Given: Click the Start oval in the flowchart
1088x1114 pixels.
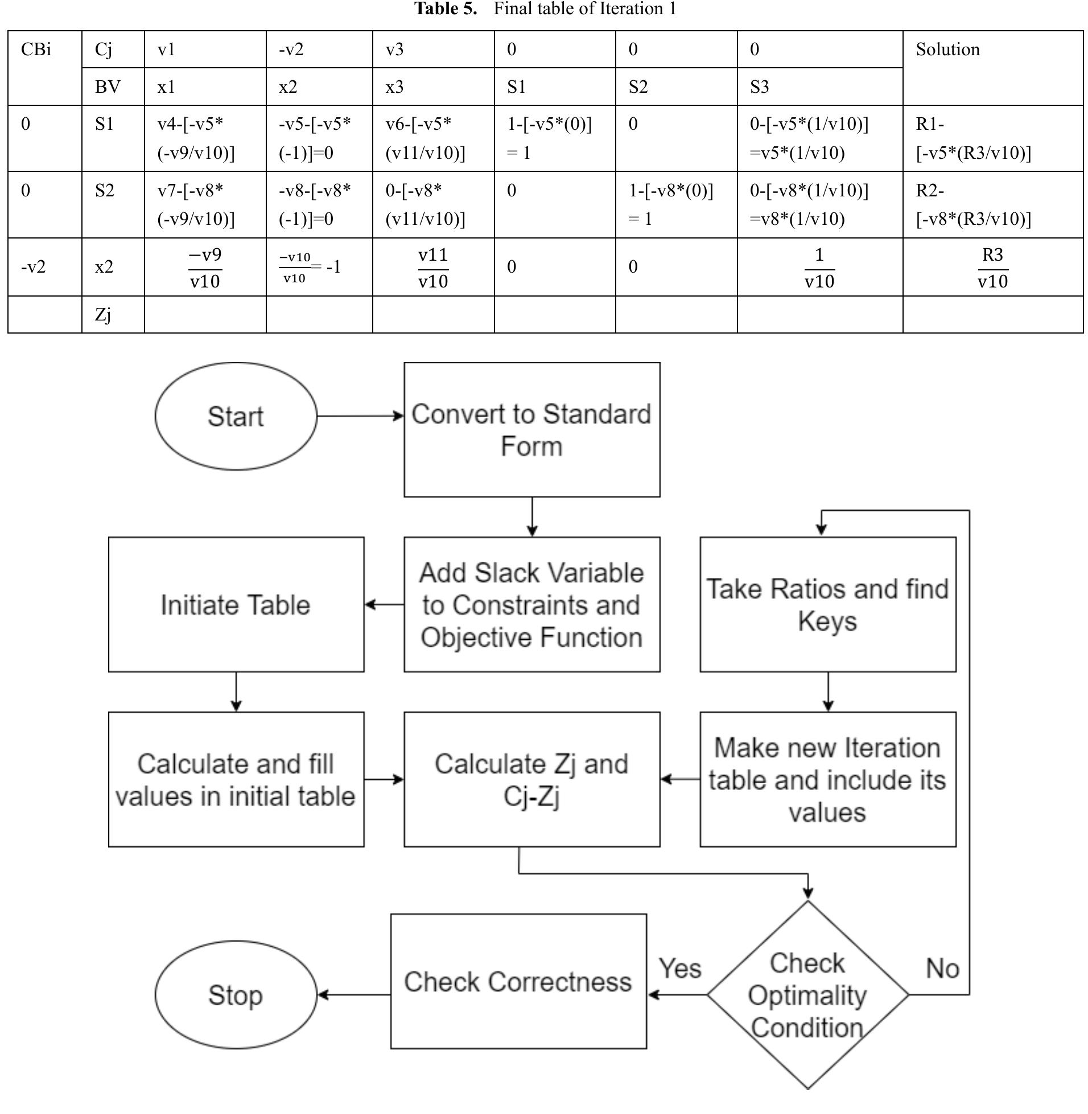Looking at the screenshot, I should pos(236,416).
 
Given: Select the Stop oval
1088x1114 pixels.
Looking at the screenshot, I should pos(236,995).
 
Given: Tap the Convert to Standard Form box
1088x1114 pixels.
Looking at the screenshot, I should pos(531,429).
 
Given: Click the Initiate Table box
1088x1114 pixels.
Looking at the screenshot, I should pos(236,604).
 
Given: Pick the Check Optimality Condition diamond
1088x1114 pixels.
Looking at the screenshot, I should pos(807,995).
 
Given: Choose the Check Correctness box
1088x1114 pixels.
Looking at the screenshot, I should pos(518,981).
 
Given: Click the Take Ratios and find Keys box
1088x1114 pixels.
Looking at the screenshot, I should pos(827,604).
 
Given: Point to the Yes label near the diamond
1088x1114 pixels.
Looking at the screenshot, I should pos(679,968).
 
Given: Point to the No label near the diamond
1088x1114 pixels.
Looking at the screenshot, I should pos(942,968).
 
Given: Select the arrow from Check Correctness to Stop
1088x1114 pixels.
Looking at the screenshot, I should pos(354,995).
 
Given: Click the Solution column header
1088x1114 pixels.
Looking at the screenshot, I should pos(947,49).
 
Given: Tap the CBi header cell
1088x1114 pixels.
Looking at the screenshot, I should pos(36,49).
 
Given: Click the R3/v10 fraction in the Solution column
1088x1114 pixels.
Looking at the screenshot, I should pos(992,267).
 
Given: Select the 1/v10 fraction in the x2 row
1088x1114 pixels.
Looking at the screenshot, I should pos(819,267).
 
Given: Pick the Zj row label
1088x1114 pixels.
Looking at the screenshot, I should pos(103,314).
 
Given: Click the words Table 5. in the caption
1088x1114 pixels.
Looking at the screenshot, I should pos(445,9).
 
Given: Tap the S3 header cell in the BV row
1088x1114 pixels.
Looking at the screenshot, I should pos(759,87).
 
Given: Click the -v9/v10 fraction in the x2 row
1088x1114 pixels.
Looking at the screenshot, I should pos(205,267).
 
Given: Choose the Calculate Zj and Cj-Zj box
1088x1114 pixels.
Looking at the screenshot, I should pos(531,779).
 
